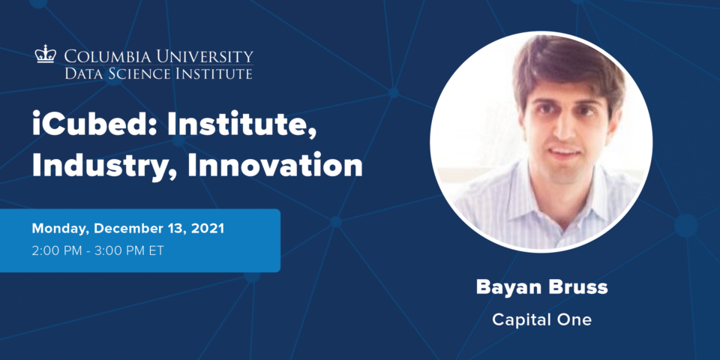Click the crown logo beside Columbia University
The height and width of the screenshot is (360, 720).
click(x=46, y=54)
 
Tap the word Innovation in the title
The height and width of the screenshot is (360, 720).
click(x=275, y=165)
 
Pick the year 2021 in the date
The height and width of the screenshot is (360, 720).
click(x=208, y=229)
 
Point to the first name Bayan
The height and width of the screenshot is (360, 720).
click(x=506, y=288)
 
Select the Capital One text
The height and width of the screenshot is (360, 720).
click(x=541, y=319)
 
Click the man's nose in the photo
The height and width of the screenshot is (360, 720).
click(x=563, y=127)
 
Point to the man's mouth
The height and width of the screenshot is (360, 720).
click(x=564, y=151)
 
